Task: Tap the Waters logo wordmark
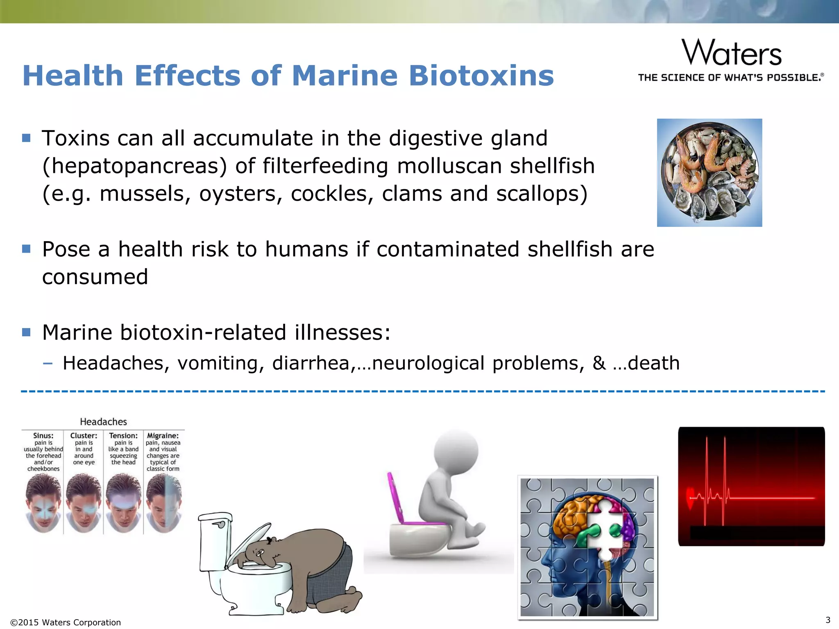coord(732,53)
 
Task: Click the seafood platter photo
coord(709,172)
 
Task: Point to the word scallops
coord(542,194)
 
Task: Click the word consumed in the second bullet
coord(95,277)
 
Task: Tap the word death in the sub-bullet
coord(653,363)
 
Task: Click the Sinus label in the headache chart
coord(43,436)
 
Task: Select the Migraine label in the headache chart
coord(163,436)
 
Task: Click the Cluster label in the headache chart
coord(84,436)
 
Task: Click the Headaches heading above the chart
coord(103,422)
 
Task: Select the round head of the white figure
coord(456,450)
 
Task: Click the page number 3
coord(828,620)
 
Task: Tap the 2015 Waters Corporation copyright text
coord(66,622)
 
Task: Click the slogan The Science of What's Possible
coord(731,77)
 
